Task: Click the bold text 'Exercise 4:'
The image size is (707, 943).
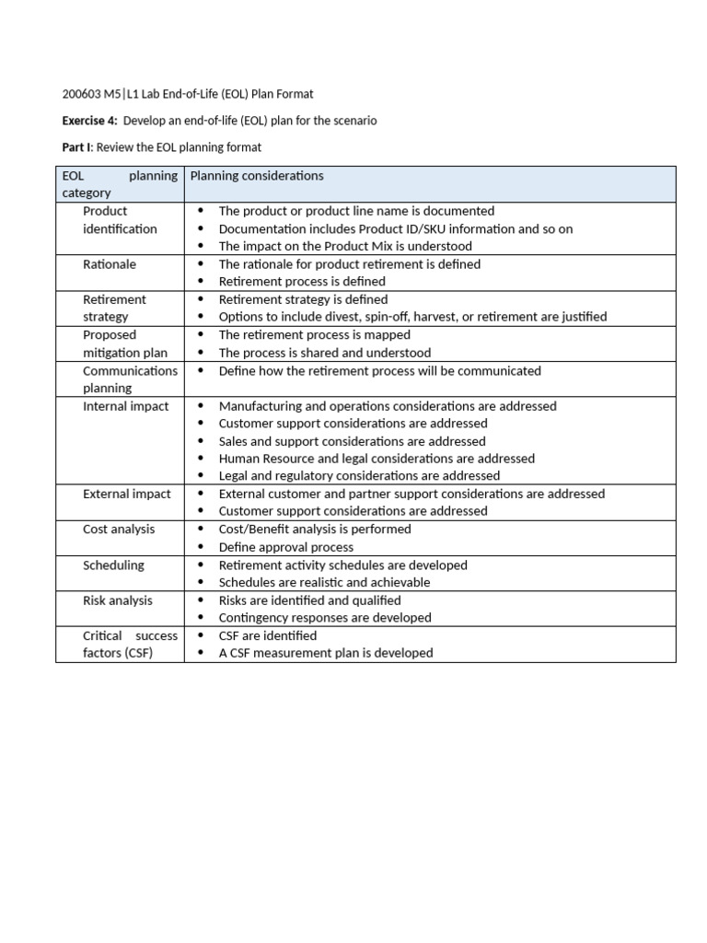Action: coord(89,121)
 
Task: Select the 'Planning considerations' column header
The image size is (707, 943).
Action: coord(256,176)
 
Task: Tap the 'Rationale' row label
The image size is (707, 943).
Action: coord(109,264)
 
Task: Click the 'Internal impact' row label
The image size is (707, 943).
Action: coord(126,406)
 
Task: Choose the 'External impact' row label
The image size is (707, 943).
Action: coord(126,494)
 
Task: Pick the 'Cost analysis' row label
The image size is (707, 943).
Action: coord(119,530)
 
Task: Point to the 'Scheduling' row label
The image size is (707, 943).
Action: coord(113,565)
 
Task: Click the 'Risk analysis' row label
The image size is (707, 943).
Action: coord(118,600)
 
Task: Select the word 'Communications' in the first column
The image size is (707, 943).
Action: coord(130,371)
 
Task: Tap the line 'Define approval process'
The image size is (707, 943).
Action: coord(285,547)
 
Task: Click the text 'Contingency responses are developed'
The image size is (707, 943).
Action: coord(324,618)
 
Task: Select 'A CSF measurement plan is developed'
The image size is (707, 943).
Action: coord(325,653)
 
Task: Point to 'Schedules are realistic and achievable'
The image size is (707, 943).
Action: coord(324,583)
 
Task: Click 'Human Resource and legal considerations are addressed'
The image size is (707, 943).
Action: coord(376,459)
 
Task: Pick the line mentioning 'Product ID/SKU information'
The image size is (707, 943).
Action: coord(395,229)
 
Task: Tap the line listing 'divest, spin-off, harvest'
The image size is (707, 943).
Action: coord(412,317)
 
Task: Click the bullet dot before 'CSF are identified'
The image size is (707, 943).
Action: coord(201,635)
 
